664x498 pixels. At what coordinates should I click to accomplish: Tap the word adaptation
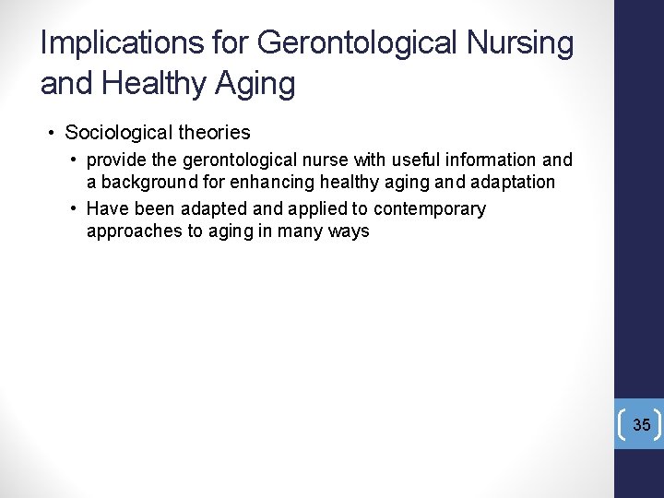[x=511, y=183]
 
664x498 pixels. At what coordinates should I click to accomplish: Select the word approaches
[x=134, y=231]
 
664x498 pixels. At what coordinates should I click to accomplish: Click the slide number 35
[x=641, y=425]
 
